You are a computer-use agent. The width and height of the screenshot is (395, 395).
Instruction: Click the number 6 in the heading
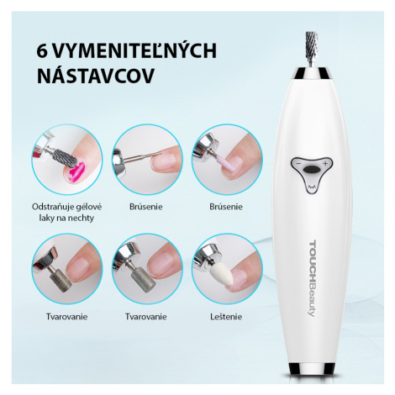(x=42, y=51)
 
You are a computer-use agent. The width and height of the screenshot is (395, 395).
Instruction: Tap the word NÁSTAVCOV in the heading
(x=96, y=76)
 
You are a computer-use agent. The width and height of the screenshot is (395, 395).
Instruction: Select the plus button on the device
(x=325, y=164)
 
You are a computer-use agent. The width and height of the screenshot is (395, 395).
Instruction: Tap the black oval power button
(x=311, y=170)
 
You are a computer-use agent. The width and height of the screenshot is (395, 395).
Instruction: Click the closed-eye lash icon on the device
(x=311, y=187)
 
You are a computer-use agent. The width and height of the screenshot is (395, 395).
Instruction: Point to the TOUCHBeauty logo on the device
(x=312, y=278)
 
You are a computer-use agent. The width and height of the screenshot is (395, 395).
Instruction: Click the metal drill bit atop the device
(x=311, y=49)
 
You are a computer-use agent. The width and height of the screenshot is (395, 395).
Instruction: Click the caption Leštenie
(x=226, y=317)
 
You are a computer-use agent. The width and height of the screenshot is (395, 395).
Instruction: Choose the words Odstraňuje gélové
(x=66, y=207)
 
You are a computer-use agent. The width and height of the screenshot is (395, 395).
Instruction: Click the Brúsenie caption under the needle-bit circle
(x=146, y=207)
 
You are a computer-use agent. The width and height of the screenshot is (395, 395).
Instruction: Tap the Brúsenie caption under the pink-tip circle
(x=226, y=207)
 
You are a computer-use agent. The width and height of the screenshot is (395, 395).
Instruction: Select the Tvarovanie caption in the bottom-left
(x=66, y=317)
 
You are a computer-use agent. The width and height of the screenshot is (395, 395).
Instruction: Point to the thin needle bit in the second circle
(x=144, y=156)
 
